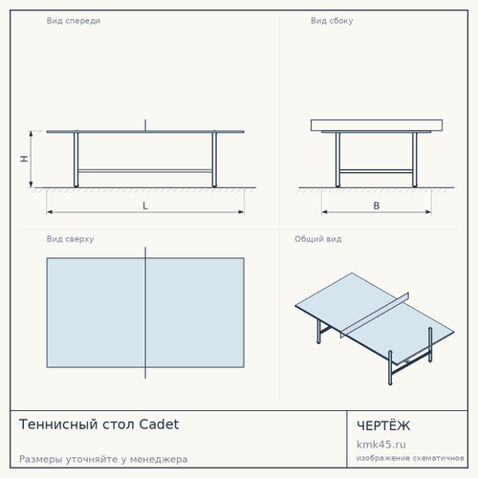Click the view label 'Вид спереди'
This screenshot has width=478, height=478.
tap(74, 21)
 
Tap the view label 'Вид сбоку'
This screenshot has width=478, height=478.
tap(332, 21)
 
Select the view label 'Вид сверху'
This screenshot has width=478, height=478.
tap(70, 239)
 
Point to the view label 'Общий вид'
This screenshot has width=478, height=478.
tap(318, 239)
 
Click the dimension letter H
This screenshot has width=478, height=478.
tap(24, 159)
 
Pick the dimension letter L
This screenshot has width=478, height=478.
tap(145, 206)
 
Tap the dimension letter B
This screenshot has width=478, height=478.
tap(377, 206)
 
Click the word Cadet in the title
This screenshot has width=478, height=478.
tap(159, 424)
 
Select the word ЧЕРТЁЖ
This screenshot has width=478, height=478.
tap(383, 425)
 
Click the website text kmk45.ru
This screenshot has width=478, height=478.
tap(381, 445)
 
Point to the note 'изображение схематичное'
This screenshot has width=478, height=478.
tap(410, 458)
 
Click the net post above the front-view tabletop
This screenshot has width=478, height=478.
tap(145, 125)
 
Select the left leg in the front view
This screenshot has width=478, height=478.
tap(76, 160)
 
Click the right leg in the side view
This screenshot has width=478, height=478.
tap(415, 160)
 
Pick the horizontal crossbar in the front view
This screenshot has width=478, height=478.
tap(145, 171)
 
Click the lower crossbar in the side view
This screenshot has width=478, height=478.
tap(377, 171)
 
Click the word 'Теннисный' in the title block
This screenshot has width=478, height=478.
tap(58, 424)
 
